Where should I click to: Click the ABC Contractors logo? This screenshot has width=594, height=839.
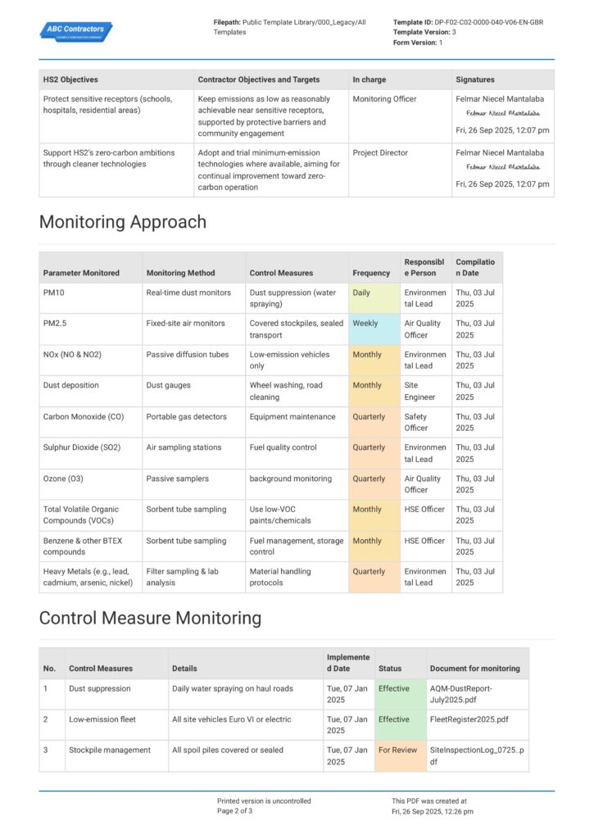pyautogui.click(x=76, y=31)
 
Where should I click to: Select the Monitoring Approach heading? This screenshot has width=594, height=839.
pyautogui.click(x=123, y=222)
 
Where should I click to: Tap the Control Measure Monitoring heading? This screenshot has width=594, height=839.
pyautogui.click(x=150, y=618)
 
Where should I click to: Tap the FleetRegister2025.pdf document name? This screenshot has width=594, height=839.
pyautogui.click(x=469, y=719)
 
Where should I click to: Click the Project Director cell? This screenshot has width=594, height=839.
pyautogui.click(x=380, y=152)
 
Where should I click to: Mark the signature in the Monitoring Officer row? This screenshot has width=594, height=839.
pyautogui.click(x=503, y=113)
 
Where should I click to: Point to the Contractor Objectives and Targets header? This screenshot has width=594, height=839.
pyautogui.click(x=259, y=79)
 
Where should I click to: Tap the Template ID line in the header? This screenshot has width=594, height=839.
pyautogui.click(x=468, y=22)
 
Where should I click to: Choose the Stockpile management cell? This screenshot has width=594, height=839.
pyautogui.click(x=110, y=751)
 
